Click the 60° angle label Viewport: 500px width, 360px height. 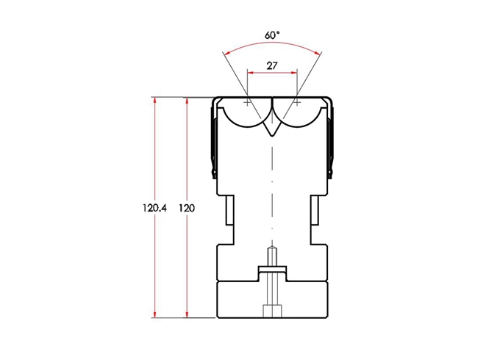(x=272, y=34)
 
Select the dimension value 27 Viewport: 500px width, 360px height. (x=271, y=65)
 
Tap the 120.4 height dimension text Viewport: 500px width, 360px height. (x=155, y=208)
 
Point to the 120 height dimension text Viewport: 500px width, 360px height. (x=187, y=208)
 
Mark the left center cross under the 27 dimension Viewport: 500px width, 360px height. (x=247, y=103)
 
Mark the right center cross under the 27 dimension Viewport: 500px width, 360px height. (x=297, y=103)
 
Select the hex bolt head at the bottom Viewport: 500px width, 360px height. (x=272, y=312)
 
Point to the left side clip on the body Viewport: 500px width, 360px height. (x=214, y=140)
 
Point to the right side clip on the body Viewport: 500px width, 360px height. (x=331, y=140)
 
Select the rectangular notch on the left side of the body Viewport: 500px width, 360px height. (x=229, y=218)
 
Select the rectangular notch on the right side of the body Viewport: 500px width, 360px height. (x=315, y=218)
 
